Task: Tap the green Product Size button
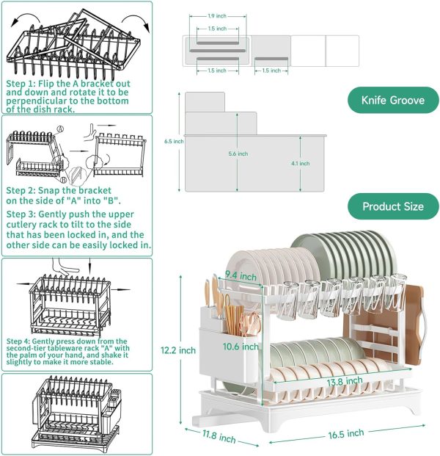[392, 206]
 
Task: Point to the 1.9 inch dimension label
[217, 15]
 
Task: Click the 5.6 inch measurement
[238, 153]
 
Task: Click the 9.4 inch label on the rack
[240, 277]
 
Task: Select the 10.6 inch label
[241, 346]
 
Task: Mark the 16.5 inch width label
[345, 433]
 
